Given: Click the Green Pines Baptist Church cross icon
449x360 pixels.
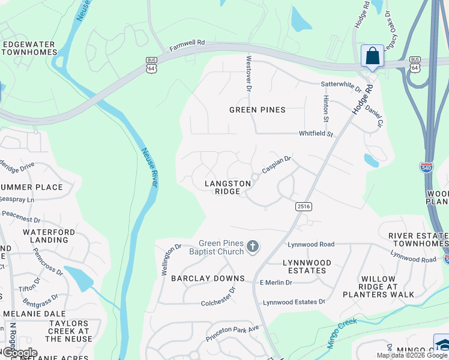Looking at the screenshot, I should pyautogui.click(x=253, y=247).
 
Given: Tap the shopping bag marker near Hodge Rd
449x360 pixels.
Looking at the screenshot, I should pyautogui.click(x=372, y=56).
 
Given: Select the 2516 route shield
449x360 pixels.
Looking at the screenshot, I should pyautogui.click(x=303, y=206).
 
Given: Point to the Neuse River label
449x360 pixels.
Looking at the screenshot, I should pyautogui.click(x=149, y=167).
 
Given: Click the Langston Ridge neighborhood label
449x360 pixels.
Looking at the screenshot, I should pyautogui.click(x=228, y=187).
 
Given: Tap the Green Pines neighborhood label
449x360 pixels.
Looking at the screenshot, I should pyautogui.click(x=258, y=110).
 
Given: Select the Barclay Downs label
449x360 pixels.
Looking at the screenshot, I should pyautogui.click(x=208, y=278).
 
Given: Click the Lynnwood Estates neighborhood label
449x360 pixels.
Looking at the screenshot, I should pyautogui.click(x=307, y=266).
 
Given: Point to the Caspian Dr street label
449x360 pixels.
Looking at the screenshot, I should pyautogui.click(x=276, y=162).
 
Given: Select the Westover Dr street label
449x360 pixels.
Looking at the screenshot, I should pyautogui.click(x=248, y=73).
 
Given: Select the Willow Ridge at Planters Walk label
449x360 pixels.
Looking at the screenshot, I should pyautogui.click(x=378, y=287).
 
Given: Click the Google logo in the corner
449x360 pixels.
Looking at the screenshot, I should pyautogui.click(x=19, y=353).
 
